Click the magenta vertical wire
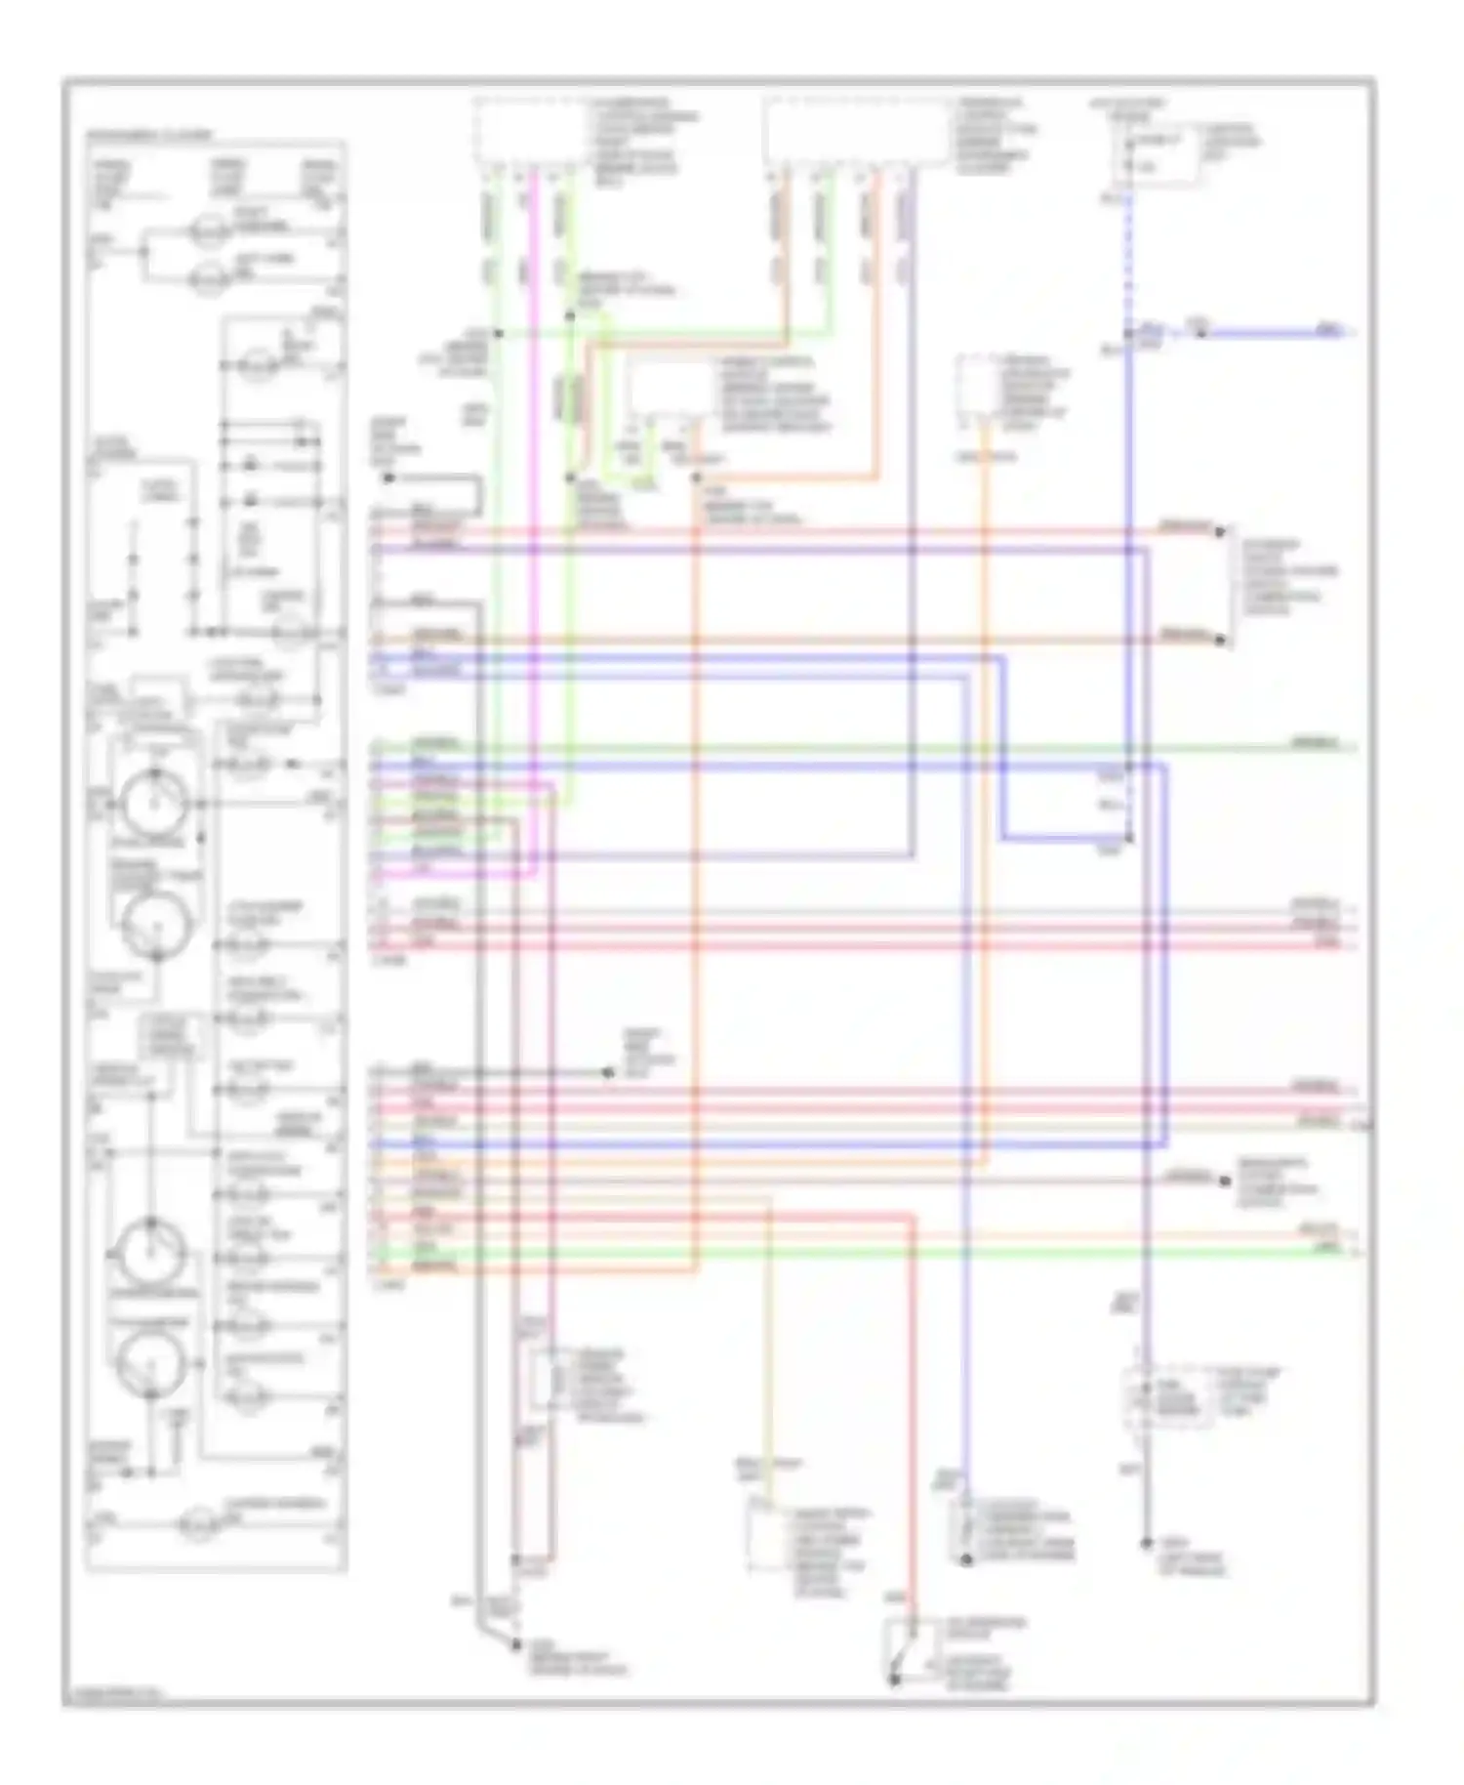(x=533, y=488)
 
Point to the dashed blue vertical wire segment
(x=1129, y=254)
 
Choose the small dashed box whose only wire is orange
(x=978, y=391)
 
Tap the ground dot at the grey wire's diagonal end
(x=514, y=1646)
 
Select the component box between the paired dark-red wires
(x=543, y=1383)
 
